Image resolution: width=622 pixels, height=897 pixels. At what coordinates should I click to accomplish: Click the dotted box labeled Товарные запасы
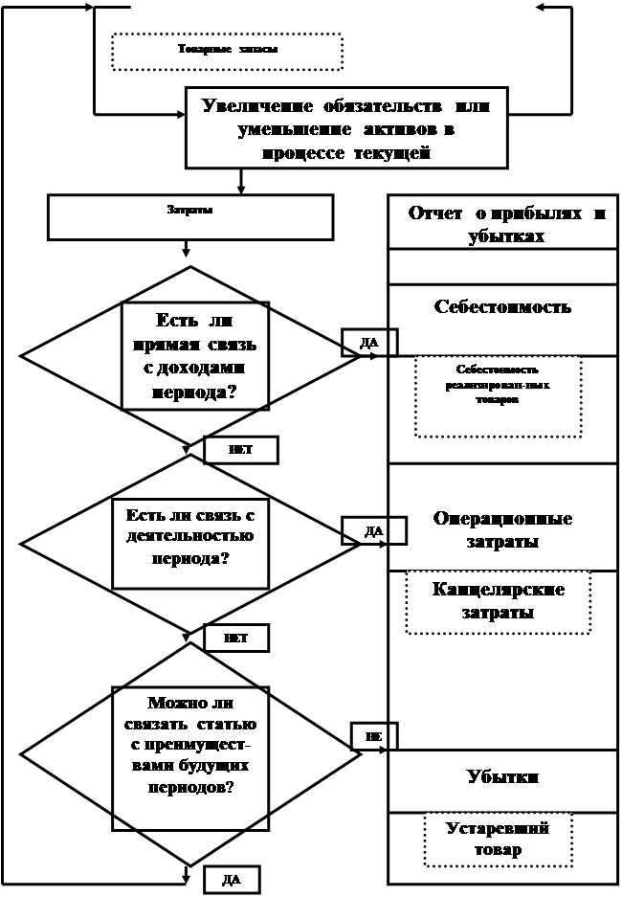click(x=228, y=51)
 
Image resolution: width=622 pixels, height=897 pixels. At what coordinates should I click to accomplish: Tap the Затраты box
click(x=190, y=216)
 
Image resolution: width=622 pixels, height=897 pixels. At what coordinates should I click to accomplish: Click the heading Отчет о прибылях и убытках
click(x=506, y=224)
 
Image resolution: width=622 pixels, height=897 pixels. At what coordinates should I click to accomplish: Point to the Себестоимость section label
click(x=502, y=307)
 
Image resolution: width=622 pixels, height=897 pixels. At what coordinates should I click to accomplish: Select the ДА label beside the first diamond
click(x=369, y=342)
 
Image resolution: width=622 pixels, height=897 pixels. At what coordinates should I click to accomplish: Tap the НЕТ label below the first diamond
click(x=240, y=449)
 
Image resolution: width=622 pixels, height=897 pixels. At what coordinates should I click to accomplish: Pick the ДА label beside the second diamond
click(x=374, y=529)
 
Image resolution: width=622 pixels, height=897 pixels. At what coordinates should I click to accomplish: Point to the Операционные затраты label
click(x=502, y=529)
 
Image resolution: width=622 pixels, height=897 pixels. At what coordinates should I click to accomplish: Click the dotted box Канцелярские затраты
click(x=498, y=601)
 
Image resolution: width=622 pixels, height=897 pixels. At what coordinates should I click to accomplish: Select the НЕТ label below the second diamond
click(x=235, y=638)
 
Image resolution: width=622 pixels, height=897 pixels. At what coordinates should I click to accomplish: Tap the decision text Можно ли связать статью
click(x=189, y=746)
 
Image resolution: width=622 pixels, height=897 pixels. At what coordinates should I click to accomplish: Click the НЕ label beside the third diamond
click(x=373, y=735)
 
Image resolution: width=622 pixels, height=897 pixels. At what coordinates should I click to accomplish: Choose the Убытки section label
click(x=502, y=776)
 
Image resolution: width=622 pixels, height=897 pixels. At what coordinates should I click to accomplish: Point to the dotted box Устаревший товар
click(x=498, y=839)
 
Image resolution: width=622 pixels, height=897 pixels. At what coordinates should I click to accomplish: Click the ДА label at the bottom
click(x=231, y=879)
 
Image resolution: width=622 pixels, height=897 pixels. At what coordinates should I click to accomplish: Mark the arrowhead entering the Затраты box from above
click(x=241, y=189)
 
